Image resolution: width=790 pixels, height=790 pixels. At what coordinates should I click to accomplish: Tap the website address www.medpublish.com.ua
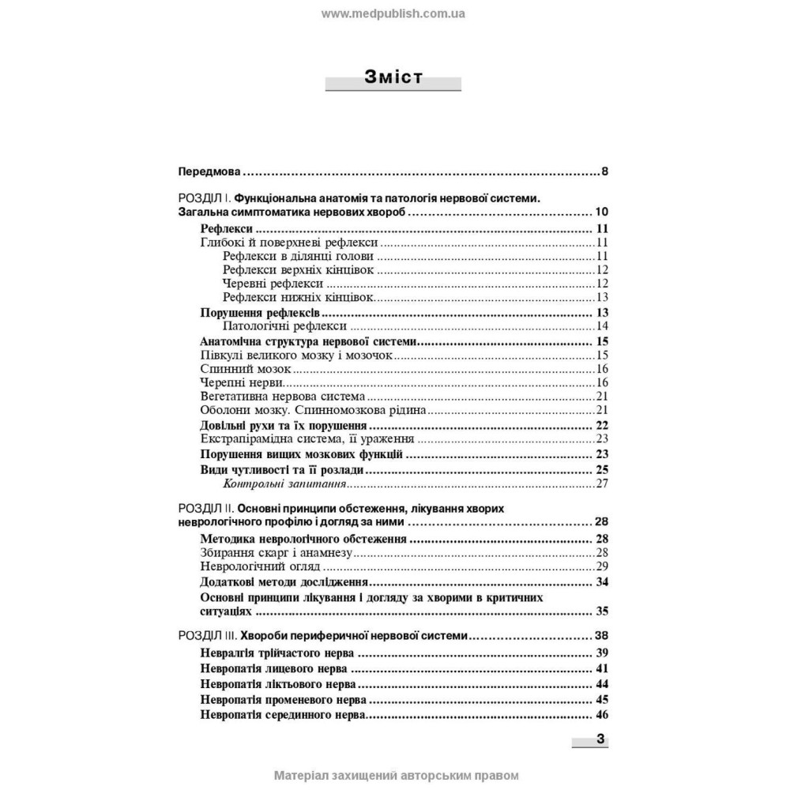393,13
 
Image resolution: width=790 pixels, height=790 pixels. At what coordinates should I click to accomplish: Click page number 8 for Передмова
604,171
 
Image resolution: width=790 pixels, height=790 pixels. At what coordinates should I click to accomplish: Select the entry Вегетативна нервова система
284,397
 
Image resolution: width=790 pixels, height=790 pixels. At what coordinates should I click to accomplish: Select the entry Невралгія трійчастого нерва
277,653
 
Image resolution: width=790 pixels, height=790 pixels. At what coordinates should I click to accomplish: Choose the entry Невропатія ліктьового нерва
278,683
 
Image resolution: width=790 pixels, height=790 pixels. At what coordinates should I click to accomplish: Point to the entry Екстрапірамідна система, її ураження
308,439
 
